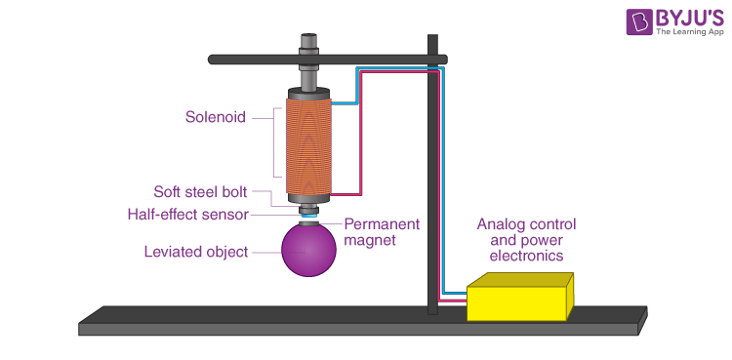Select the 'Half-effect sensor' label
click(187, 215)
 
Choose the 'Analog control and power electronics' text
click(520, 240)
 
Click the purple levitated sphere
click(309, 252)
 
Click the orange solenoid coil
click(309, 144)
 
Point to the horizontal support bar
click(244, 60)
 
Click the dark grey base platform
click(361, 320)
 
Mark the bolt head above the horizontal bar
click(309, 43)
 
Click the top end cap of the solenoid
click(309, 94)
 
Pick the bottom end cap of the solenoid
click(309, 198)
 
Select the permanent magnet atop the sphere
click(309, 221)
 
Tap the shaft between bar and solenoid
click(309, 76)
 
